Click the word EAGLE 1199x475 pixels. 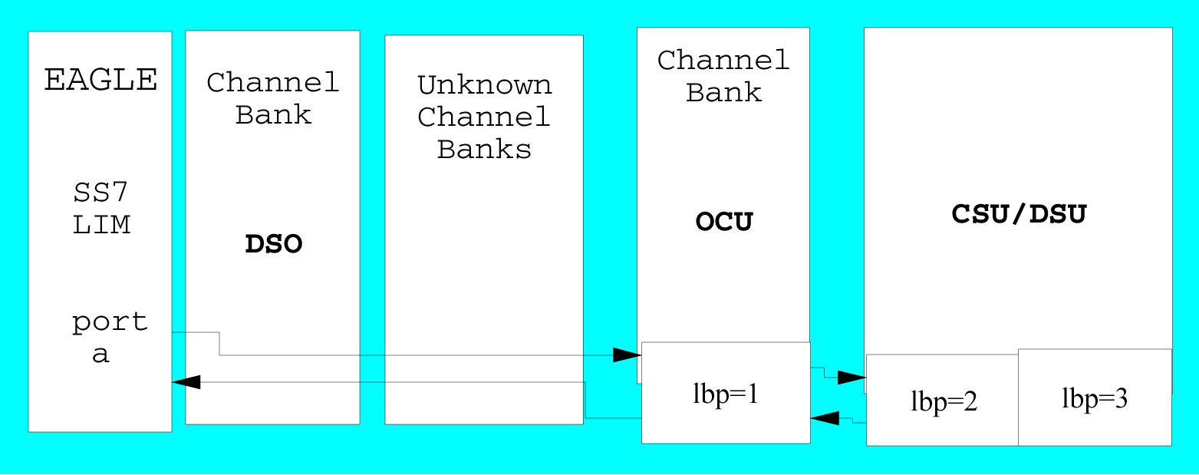pyautogui.click(x=100, y=80)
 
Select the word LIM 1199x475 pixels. pyautogui.click(x=101, y=225)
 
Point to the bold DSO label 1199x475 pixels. pyautogui.click(x=273, y=245)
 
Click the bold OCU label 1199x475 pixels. pyautogui.click(x=724, y=222)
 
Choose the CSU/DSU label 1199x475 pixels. pyautogui.click(x=1019, y=214)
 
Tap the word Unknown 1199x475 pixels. pyautogui.click(x=484, y=84)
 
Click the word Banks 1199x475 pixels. pyautogui.click(x=484, y=149)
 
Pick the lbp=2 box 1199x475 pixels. pyautogui.click(x=943, y=401)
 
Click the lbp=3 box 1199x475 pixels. pyautogui.click(x=1095, y=397)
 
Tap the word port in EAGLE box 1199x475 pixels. pyautogui.click(x=110, y=322)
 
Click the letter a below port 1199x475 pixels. pyautogui.click(x=101, y=355)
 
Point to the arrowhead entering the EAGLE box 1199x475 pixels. pyautogui.click(x=186, y=381)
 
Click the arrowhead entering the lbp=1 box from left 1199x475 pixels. pyautogui.click(x=627, y=355)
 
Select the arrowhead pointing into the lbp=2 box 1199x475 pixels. pyautogui.click(x=851, y=378)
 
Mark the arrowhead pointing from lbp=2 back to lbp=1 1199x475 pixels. pyautogui.click(x=825, y=418)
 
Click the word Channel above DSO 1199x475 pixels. pyautogui.click(x=273, y=82)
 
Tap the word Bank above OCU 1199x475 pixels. pyautogui.click(x=723, y=93)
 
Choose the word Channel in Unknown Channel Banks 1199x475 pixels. pyautogui.click(x=484, y=117)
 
